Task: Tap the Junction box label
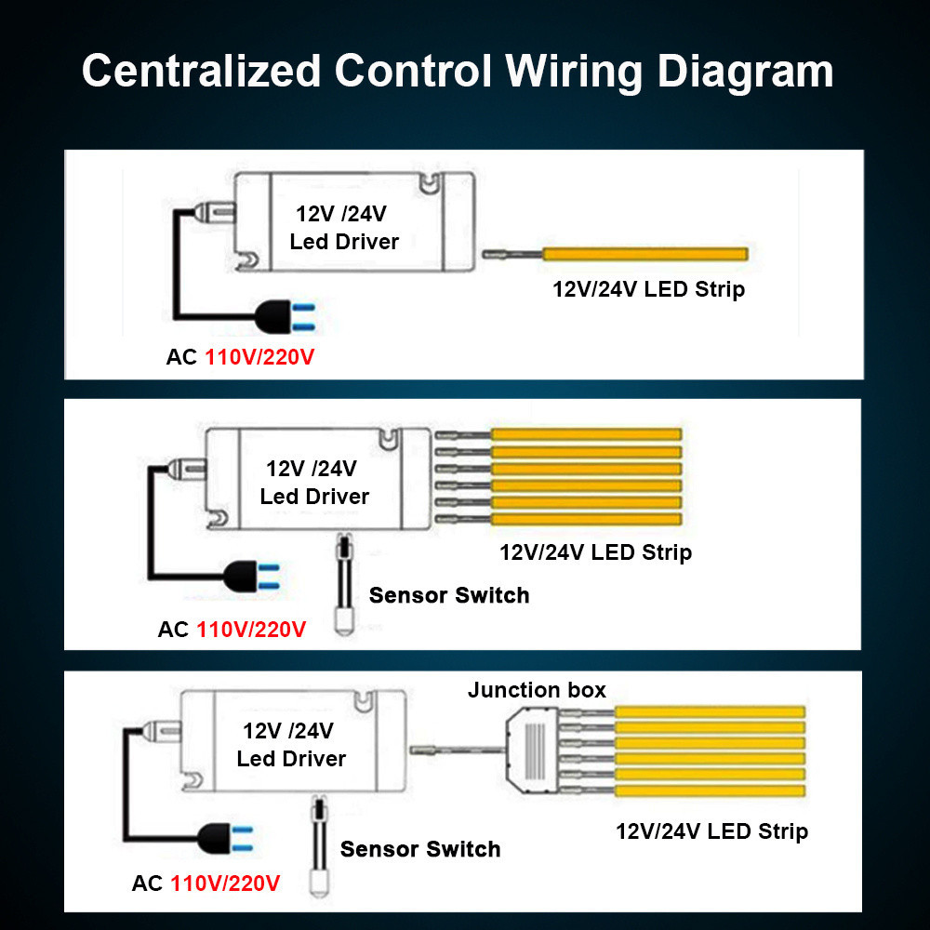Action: point(537,690)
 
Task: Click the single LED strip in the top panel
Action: point(644,254)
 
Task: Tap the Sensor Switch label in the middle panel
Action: point(449,595)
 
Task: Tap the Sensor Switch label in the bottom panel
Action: point(420,849)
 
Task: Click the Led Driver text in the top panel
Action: point(344,242)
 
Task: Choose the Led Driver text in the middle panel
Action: point(314,497)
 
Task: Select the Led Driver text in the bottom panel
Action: point(291,759)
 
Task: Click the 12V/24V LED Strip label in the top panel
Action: point(648,289)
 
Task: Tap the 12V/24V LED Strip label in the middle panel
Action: point(595,552)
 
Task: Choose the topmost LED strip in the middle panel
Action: point(586,433)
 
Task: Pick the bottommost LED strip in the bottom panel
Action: point(710,790)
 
